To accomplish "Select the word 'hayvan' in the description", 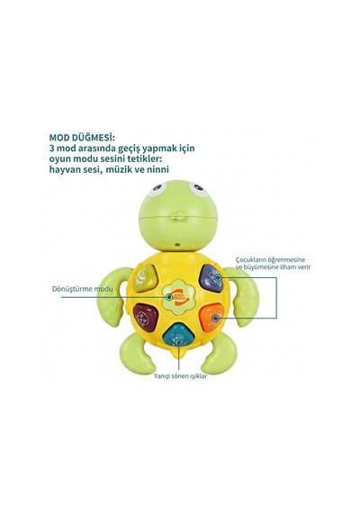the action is pyautogui.click(x=63, y=170).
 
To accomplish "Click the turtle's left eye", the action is pyautogui.click(x=157, y=189).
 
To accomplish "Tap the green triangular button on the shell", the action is pyautogui.click(x=144, y=278).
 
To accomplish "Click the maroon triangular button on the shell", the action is pyautogui.click(x=145, y=317).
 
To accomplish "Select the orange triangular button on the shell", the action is pyautogui.click(x=212, y=317).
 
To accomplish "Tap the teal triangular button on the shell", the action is pyautogui.click(x=179, y=336).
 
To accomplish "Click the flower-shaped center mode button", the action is pyautogui.click(x=178, y=297).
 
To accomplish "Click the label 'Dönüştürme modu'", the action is pyautogui.click(x=83, y=289).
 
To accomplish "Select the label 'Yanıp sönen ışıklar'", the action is pyautogui.click(x=180, y=376).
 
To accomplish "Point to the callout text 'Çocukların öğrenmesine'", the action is pyautogui.click(x=270, y=260).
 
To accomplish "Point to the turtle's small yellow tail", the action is pyautogui.click(x=179, y=354).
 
